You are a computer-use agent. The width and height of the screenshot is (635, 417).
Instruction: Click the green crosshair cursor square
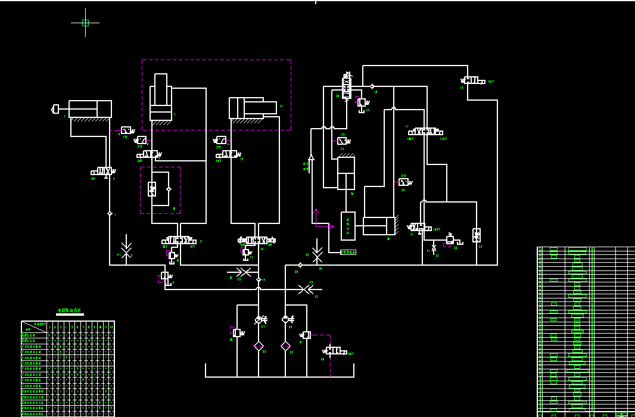85,23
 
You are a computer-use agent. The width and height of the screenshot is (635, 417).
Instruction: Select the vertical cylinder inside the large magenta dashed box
161,98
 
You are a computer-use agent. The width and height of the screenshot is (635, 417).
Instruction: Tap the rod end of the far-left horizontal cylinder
55,109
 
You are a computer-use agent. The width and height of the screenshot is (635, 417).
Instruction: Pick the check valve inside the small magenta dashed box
169,189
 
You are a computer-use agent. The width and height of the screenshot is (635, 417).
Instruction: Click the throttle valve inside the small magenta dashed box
152,189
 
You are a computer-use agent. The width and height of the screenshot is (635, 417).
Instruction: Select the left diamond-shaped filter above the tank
259,346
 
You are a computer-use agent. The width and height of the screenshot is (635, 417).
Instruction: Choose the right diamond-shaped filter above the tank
285,346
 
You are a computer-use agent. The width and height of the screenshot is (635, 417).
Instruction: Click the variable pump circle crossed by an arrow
260,320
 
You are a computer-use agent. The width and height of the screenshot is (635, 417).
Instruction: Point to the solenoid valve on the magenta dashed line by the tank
336,351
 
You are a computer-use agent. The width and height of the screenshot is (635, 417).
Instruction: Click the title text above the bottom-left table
70,311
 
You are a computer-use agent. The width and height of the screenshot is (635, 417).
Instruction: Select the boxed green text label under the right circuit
348,253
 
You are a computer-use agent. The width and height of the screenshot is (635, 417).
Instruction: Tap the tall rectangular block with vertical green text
348,226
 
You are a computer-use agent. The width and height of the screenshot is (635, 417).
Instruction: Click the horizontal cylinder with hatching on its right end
379,226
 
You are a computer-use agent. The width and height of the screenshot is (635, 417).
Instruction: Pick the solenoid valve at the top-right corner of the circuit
474,80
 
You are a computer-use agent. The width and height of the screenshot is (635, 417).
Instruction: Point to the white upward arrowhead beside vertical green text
310,157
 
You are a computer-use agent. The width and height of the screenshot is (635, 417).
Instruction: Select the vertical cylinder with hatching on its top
345,173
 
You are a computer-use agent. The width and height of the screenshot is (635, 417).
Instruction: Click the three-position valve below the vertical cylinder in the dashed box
178,240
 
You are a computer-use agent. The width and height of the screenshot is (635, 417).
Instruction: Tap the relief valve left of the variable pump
236,332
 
